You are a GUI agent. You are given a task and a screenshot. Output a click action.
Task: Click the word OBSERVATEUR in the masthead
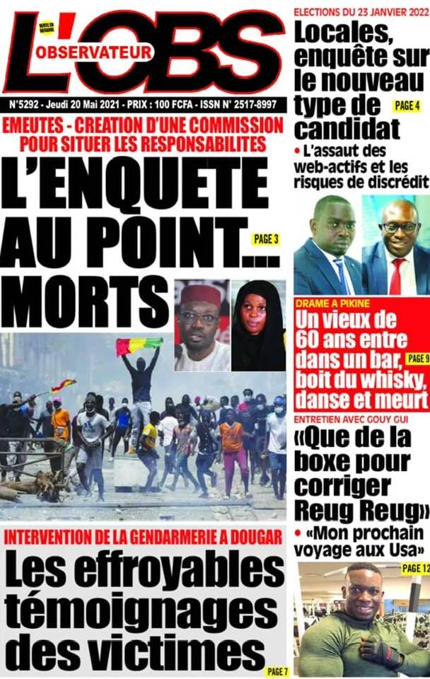coord(94,52)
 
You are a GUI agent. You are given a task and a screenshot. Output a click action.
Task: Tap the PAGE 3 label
coord(266,239)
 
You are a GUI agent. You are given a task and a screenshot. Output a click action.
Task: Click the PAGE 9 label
coord(418,359)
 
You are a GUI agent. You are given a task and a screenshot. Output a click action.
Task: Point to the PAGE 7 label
coord(275,671)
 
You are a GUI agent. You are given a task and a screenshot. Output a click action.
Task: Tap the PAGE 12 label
coord(414,568)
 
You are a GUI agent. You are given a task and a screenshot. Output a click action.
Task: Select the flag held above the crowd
coord(139,346)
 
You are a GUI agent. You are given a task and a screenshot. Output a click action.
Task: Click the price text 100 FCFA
coord(171,104)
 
